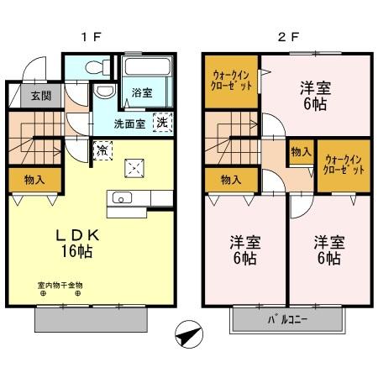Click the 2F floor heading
(x=287, y=37)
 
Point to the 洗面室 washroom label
(x=129, y=124)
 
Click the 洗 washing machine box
(x=160, y=121)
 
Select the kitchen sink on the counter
(x=120, y=199)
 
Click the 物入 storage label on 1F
(x=34, y=179)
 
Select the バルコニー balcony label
(x=288, y=320)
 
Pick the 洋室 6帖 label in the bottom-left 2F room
(x=245, y=250)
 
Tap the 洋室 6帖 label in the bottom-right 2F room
(x=328, y=250)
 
